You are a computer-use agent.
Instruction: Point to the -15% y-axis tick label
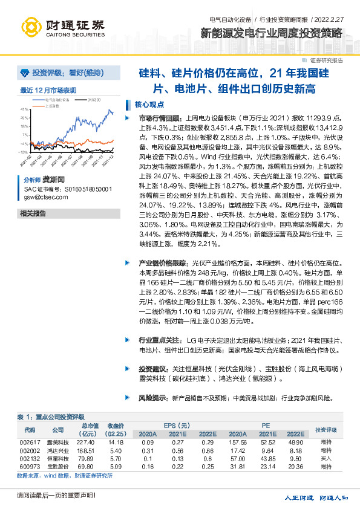click(x=24, y=152)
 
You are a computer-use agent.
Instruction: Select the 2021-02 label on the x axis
click(x=30, y=160)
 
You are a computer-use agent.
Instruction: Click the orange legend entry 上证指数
click(x=53, y=105)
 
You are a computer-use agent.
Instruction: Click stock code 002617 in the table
click(x=30, y=443)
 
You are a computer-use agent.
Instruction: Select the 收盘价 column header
click(x=116, y=426)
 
